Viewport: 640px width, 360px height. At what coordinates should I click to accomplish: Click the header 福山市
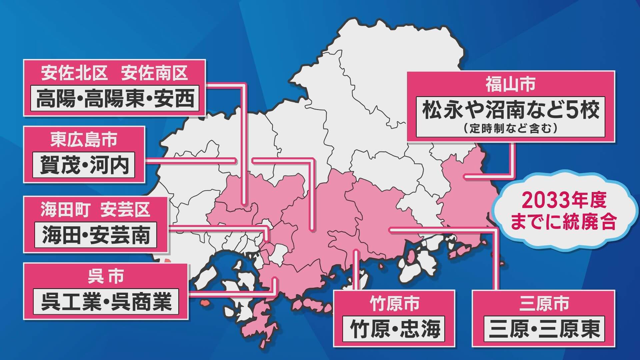point(510,84)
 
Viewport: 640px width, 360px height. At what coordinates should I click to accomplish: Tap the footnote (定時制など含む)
point(510,129)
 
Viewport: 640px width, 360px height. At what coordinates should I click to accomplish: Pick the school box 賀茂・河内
point(84,165)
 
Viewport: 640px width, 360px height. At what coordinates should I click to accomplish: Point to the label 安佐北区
point(74,73)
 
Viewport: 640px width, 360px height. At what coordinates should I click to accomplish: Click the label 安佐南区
point(154,73)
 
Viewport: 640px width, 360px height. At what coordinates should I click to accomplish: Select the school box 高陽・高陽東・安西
point(115,99)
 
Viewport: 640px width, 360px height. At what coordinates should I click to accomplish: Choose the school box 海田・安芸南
point(96,235)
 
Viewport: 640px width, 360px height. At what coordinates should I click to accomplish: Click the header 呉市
point(106,277)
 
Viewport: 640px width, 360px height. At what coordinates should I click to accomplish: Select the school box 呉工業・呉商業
point(106,302)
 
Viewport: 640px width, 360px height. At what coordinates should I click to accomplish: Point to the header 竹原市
point(394,304)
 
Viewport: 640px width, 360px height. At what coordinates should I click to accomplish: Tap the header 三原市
point(543,304)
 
